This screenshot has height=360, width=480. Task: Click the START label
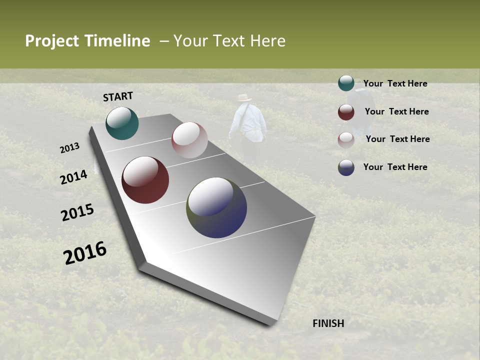coord(118,96)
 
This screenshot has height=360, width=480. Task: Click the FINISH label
coord(328,323)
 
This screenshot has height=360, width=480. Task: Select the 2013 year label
coord(69,148)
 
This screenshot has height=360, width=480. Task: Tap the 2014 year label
coord(73,177)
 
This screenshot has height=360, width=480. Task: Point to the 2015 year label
coord(77,212)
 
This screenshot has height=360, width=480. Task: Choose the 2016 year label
coord(85,253)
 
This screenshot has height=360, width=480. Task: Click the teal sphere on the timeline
coord(122,123)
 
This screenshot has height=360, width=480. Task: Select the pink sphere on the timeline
coord(189,140)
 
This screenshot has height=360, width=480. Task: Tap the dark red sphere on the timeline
coord(145,180)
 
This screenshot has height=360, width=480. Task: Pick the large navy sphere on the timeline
coord(216,207)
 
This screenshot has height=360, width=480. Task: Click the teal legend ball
coord(346,83)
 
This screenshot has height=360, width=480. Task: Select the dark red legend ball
coord(346,112)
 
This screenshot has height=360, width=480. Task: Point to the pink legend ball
coord(346,140)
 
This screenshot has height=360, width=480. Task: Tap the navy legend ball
coord(346,167)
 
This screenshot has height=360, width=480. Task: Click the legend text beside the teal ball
coord(395,83)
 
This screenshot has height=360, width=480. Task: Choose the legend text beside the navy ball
coord(395,167)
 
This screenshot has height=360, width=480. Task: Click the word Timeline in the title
coord(117,41)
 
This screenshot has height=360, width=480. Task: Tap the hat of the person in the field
coord(244,98)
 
